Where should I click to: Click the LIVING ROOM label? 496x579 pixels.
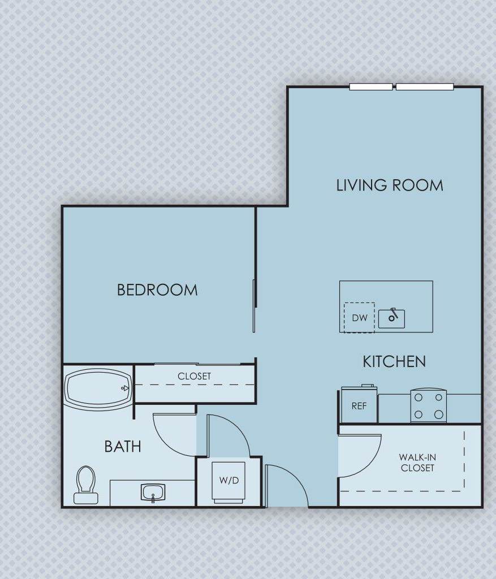click(390, 185)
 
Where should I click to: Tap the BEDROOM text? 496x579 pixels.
click(157, 290)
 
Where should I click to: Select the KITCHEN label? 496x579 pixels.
click(394, 362)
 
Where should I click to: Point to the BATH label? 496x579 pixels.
click(123, 447)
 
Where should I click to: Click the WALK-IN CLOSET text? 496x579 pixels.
click(417, 463)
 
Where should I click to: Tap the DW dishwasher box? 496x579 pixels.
click(359, 318)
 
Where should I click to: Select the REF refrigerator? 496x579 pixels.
click(359, 405)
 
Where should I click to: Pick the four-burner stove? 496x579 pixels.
click(428, 406)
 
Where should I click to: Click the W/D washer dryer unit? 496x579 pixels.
click(229, 481)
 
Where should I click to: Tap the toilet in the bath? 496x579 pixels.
click(86, 485)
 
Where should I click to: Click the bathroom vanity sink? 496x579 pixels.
click(153, 492)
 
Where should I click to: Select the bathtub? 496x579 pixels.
click(98, 388)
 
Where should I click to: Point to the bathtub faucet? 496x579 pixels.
click(125, 388)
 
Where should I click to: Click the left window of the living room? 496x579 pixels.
click(371, 87)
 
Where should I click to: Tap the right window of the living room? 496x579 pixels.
click(425, 87)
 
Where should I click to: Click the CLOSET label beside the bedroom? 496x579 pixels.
click(194, 376)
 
